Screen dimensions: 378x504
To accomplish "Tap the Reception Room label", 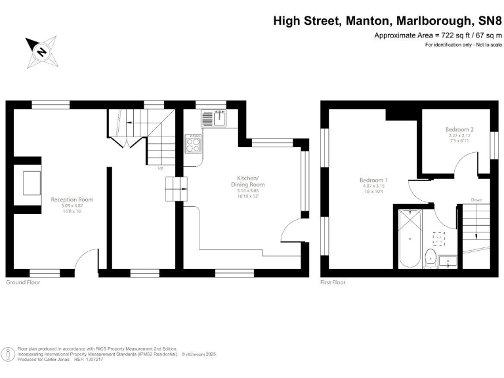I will click(x=73, y=199).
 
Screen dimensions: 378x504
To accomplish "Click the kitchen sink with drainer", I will click(x=213, y=119).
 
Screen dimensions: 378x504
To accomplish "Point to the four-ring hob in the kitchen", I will click(x=194, y=143).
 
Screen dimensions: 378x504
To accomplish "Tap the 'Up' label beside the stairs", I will click(x=160, y=168).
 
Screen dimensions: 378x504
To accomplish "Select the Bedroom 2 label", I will click(x=459, y=130).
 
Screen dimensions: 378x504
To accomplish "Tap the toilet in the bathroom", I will click(x=430, y=258).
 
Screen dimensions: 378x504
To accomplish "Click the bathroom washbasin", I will click(x=448, y=261).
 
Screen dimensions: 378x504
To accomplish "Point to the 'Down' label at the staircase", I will click(x=476, y=199).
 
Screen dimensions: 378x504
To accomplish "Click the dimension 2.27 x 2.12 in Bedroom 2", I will click(x=459, y=136).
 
